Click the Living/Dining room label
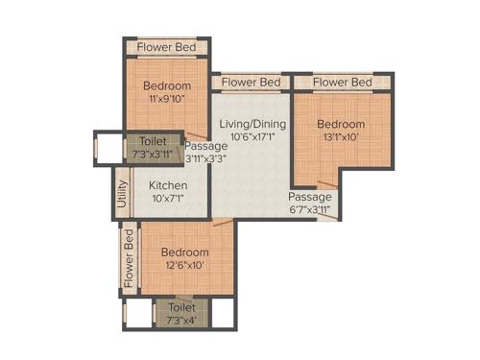pyautogui.click(x=252, y=125)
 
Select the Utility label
pyautogui.click(x=122, y=194)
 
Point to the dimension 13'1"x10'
pyautogui.click(x=341, y=138)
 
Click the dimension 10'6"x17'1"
pyautogui.click(x=252, y=138)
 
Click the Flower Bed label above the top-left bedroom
pyautogui.click(x=167, y=47)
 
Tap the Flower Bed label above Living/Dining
pyautogui.click(x=252, y=83)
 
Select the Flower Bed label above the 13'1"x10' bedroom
pyautogui.click(x=343, y=83)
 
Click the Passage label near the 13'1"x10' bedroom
pyautogui.click(x=309, y=197)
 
